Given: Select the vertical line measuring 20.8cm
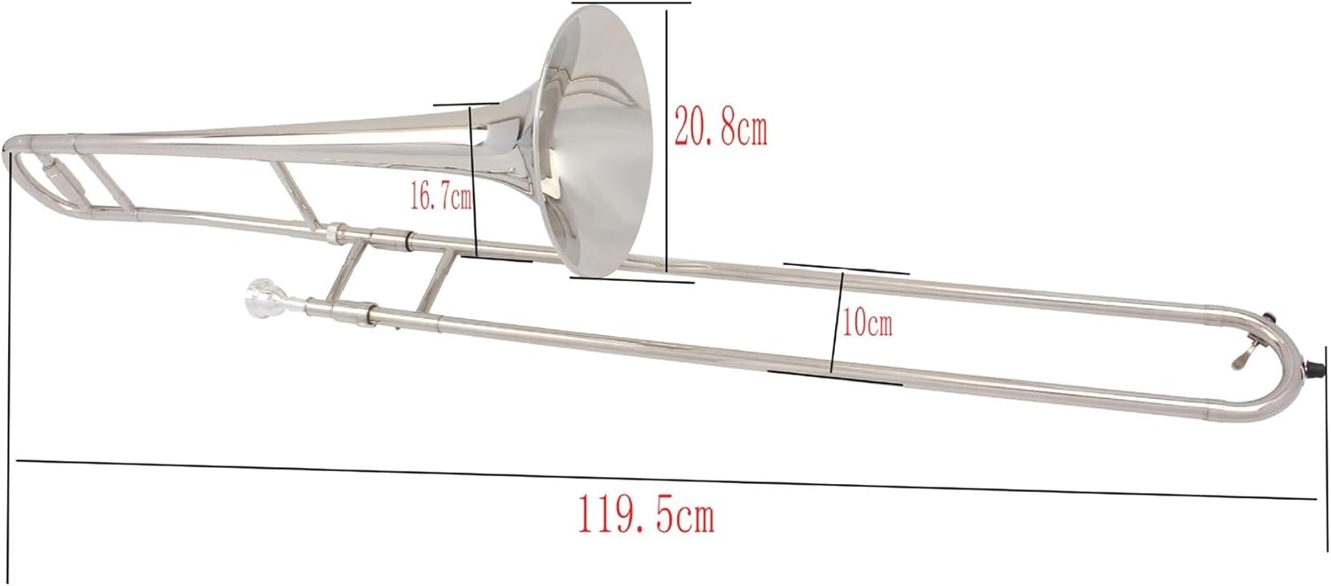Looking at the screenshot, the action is tap(666, 140).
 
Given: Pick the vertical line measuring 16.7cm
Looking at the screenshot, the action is tap(474, 181).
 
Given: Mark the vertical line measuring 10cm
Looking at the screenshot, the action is tap(837, 324).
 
